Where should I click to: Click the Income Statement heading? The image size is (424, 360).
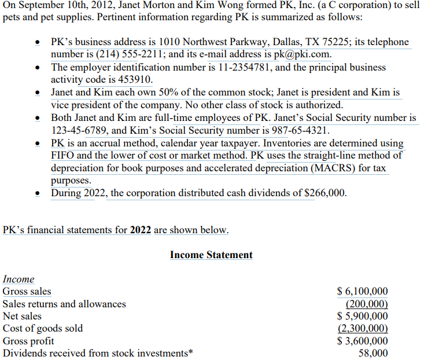point(211,255)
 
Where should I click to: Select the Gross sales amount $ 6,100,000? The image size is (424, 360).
point(363,292)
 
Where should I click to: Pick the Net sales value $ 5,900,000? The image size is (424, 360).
point(363,316)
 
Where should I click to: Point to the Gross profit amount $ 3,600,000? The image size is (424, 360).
point(363,341)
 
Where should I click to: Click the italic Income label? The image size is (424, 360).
point(19,279)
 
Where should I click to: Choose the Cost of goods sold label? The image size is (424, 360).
point(43,328)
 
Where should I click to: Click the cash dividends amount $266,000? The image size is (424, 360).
point(324,193)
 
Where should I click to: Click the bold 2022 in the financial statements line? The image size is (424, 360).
point(141,230)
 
